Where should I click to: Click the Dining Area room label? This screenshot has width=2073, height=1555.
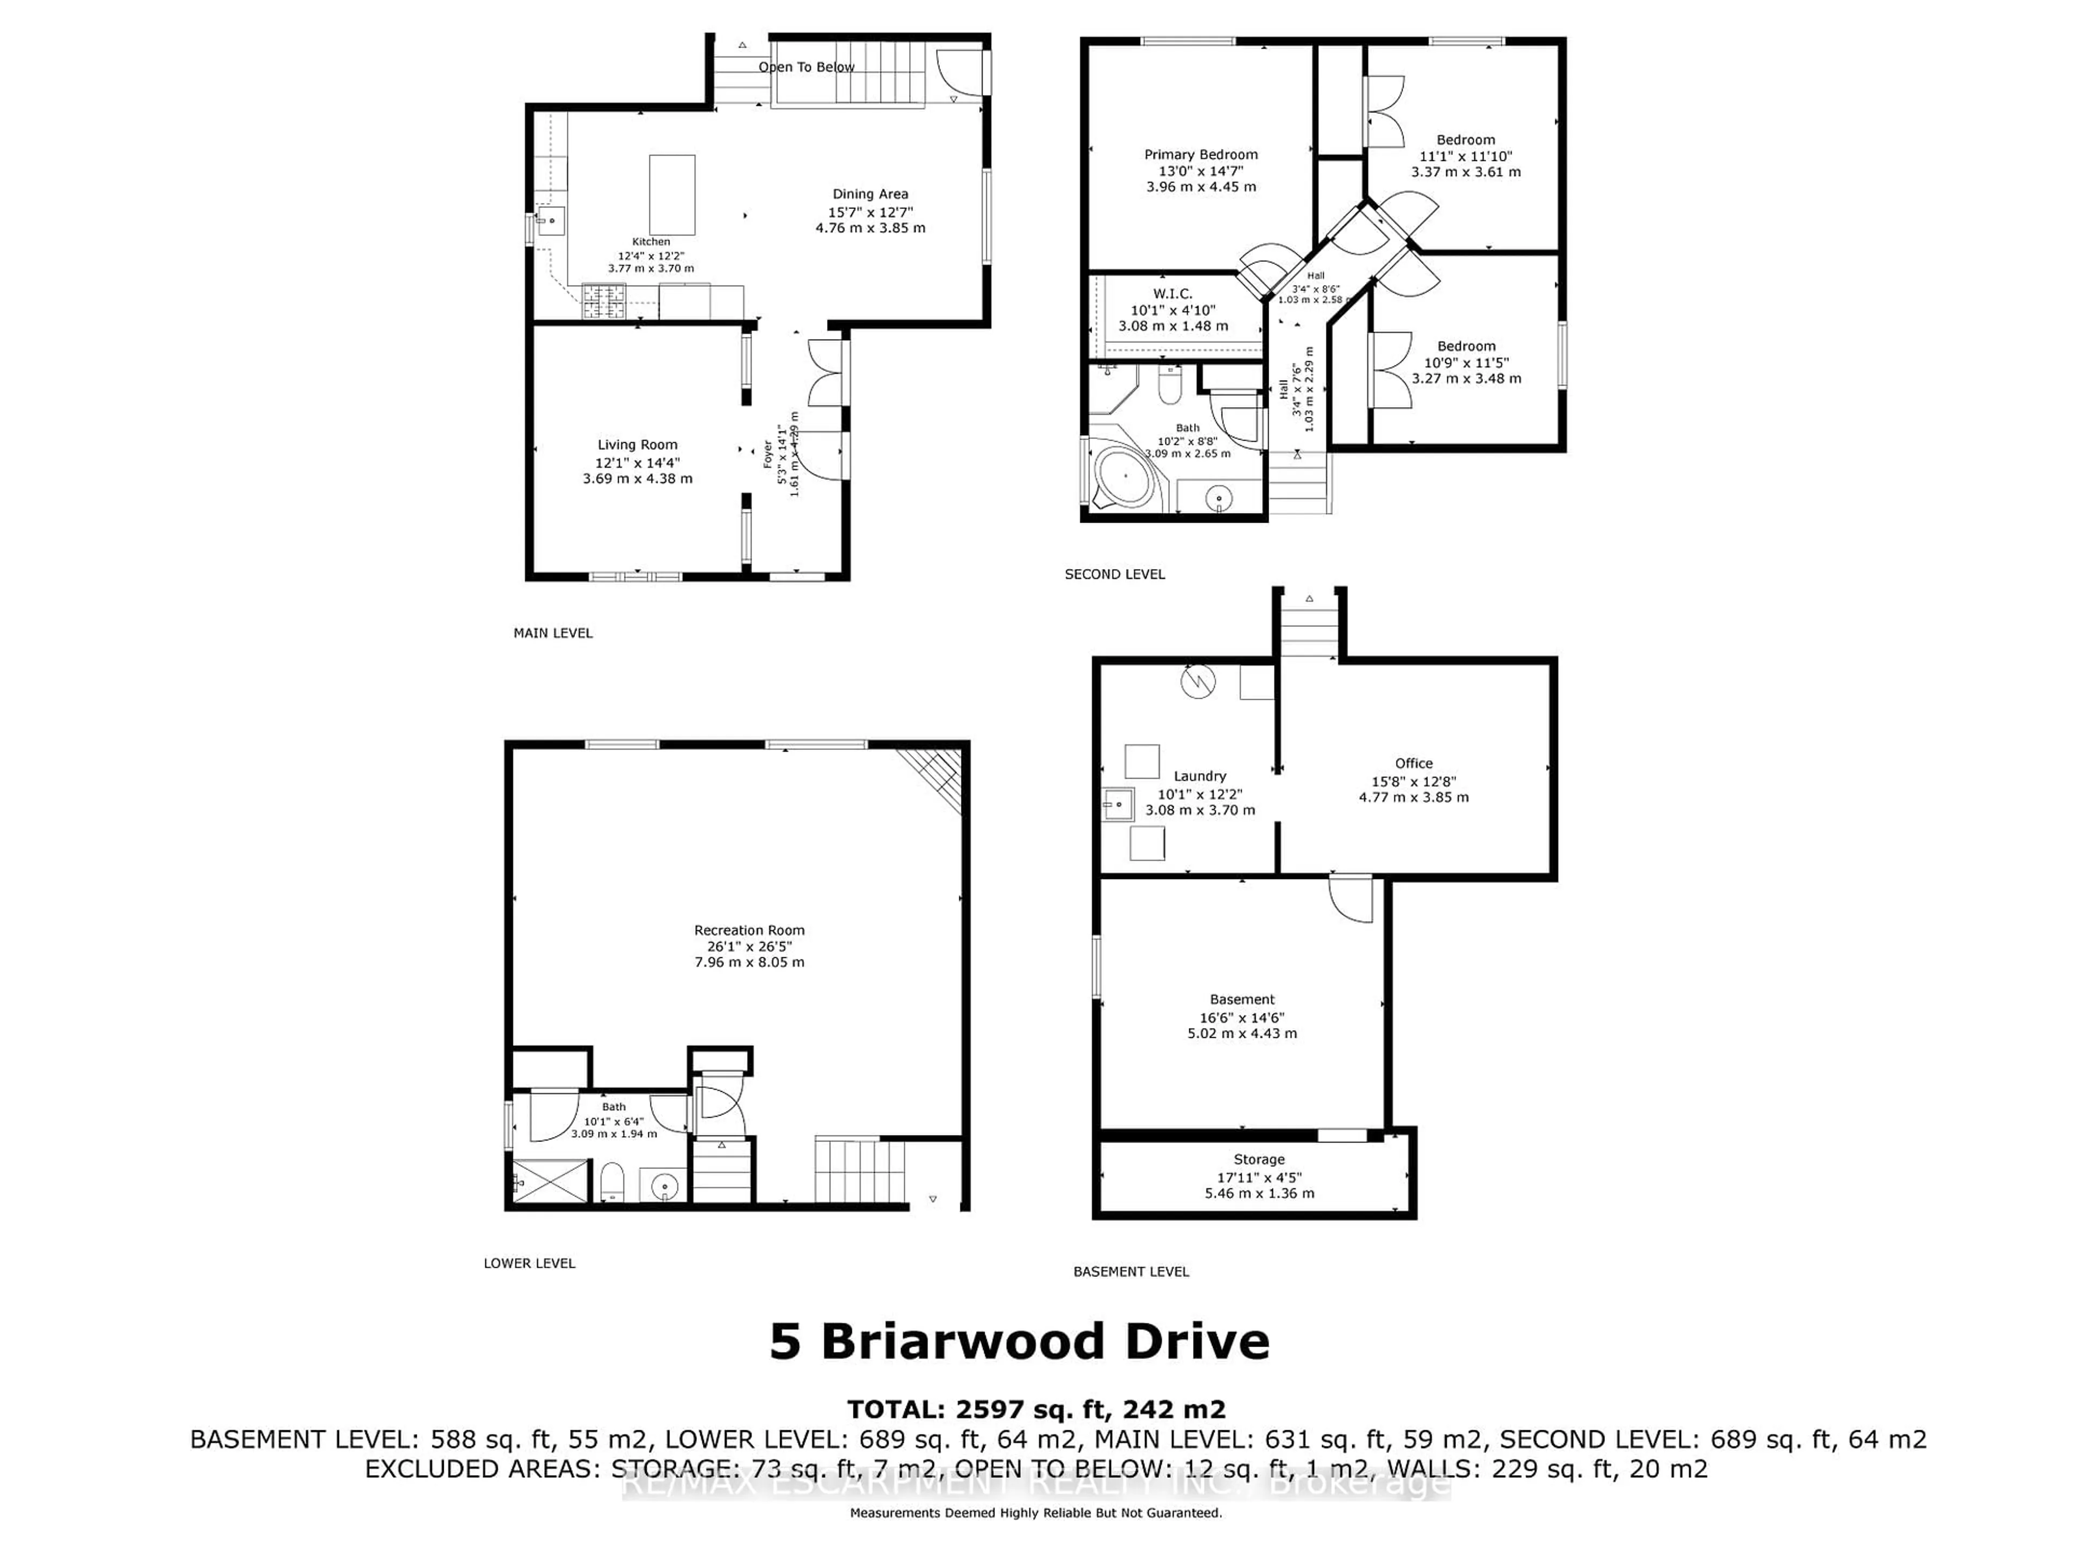[x=870, y=194]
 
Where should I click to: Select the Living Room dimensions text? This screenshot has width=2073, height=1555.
[x=637, y=470]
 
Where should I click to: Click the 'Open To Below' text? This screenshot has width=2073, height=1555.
[x=806, y=66]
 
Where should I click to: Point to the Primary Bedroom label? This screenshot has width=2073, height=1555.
[x=1201, y=154]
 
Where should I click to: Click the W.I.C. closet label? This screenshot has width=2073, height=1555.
[x=1173, y=293]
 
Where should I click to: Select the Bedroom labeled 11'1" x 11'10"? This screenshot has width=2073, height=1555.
[x=1466, y=155]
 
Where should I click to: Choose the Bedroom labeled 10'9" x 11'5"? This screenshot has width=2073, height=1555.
[x=1466, y=362]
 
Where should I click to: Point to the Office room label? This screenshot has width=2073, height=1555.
[x=1413, y=763]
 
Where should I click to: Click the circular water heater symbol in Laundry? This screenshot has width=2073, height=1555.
[x=1198, y=681]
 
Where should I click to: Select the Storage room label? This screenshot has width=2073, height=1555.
[x=1258, y=1159]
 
